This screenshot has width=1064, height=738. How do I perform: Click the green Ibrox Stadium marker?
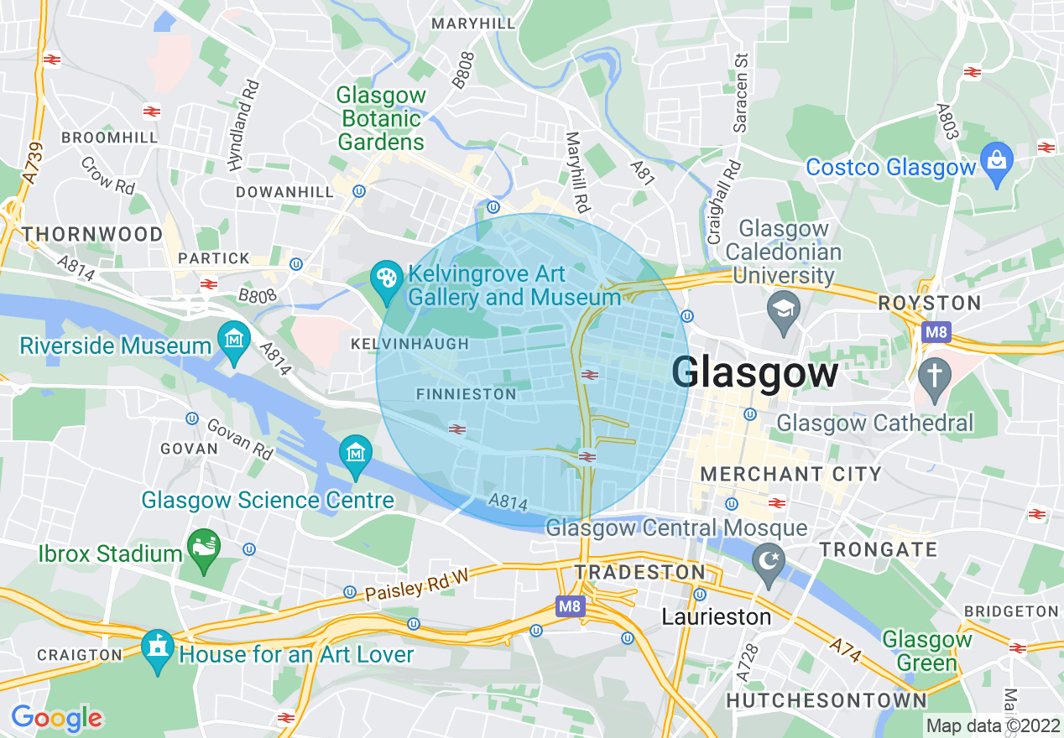click(203, 549)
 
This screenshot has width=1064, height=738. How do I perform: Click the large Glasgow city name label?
click(754, 372)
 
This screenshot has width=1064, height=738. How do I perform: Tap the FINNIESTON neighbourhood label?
click(467, 394)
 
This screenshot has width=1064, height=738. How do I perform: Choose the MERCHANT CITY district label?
click(790, 475)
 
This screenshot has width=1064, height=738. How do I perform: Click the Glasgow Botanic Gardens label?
click(381, 119)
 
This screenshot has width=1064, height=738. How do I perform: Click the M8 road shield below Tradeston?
click(569, 605)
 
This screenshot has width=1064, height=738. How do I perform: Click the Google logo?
click(56, 718)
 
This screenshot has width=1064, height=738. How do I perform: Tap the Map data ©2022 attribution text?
click(993, 725)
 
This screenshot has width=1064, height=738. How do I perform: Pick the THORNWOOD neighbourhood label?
click(93, 233)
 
